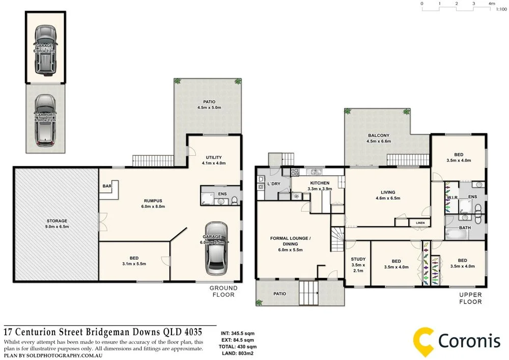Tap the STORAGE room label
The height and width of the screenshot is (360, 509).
click(x=56, y=220)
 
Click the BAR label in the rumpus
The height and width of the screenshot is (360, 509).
click(x=107, y=186)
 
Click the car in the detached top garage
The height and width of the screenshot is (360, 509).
click(x=45, y=49)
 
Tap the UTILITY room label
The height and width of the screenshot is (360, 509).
click(x=214, y=157)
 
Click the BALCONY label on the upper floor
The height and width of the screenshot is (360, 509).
click(x=379, y=135)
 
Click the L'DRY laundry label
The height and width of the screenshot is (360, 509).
click(x=274, y=184)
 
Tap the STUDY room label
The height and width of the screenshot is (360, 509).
click(x=358, y=259)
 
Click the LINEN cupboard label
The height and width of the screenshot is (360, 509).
click(x=420, y=223)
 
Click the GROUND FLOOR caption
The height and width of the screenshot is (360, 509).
click(x=222, y=291)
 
